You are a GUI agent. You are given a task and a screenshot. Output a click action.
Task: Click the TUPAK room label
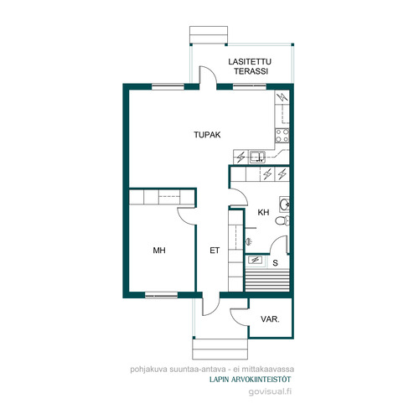point(207,135)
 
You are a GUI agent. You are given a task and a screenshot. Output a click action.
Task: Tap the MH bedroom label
point(159,251)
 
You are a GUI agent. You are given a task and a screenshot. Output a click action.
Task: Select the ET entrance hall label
point(215,251)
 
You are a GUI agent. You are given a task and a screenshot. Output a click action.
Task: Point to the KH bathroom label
point(263,212)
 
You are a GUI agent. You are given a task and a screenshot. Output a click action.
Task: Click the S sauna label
point(276,263)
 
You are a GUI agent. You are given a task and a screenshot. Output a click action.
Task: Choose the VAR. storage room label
point(270,319)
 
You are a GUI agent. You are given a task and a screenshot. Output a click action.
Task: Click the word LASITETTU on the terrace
point(250,62)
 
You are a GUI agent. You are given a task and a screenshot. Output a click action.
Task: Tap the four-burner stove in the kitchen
point(282,136)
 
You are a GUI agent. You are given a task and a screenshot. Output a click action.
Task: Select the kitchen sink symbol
point(257,157)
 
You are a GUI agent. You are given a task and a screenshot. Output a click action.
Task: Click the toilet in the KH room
point(282,220)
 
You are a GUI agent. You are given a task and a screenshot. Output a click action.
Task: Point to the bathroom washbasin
point(284,204)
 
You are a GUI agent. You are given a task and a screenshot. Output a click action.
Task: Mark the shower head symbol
point(248,241)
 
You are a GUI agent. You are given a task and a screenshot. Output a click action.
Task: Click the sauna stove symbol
point(255,261)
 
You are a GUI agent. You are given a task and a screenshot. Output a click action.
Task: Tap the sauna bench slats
point(267,280)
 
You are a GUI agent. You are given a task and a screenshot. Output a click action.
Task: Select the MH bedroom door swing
point(186,216)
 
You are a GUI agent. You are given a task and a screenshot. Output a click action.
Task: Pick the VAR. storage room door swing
point(240,317)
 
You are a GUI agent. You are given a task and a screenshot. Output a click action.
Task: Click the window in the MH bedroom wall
point(162,295)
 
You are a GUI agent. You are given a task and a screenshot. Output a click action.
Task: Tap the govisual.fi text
point(270,391)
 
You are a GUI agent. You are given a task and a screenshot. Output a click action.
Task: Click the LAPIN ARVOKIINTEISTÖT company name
point(251,380)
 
